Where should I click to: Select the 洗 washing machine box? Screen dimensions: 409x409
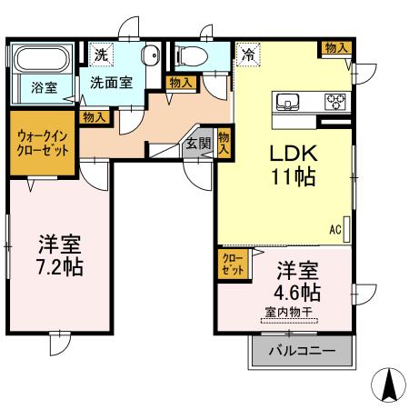101,55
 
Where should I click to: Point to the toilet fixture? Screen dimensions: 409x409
191,55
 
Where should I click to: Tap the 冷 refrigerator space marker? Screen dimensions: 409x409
246,55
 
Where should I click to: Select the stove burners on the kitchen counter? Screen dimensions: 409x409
335,101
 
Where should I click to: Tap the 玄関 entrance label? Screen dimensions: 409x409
198,143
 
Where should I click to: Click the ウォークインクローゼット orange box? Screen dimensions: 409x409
43,143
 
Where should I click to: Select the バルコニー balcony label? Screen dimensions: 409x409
301,351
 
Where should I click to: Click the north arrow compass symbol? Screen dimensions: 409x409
387,385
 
